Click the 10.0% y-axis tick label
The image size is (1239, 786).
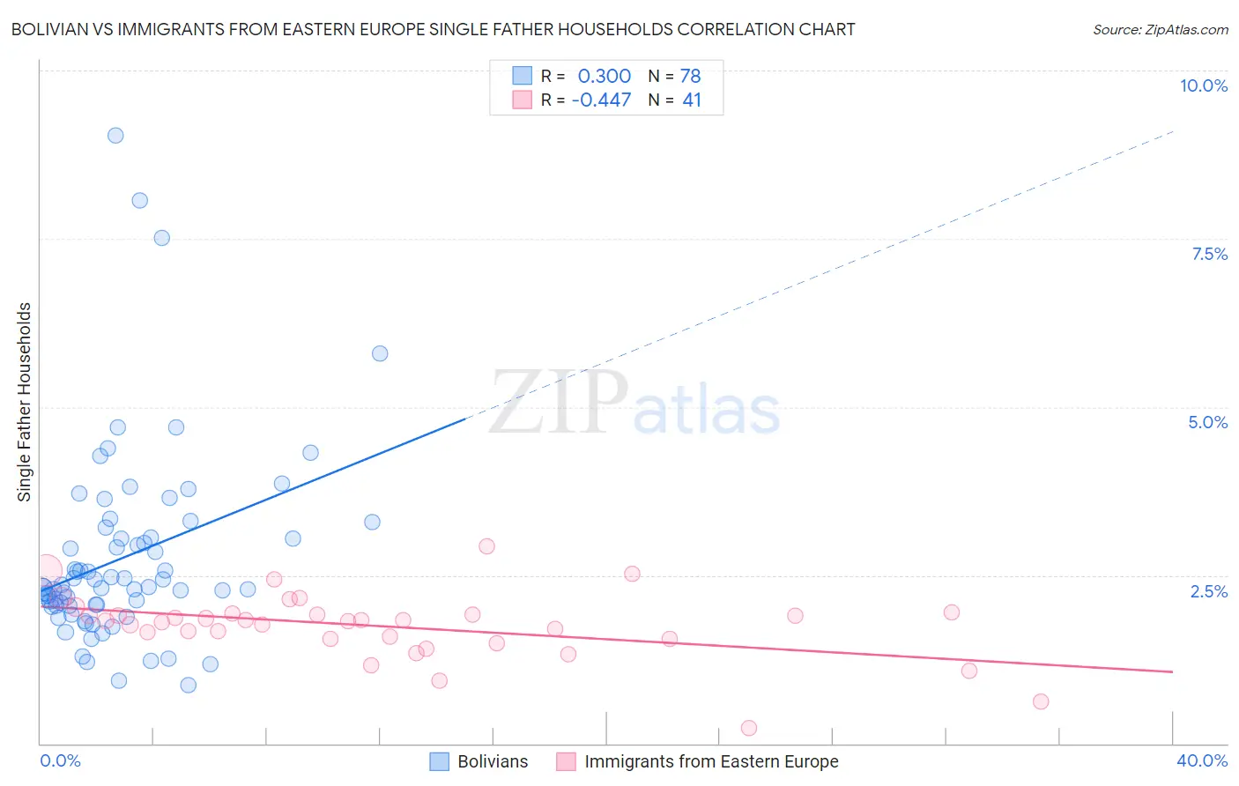(1203, 85)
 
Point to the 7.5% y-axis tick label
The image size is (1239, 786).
(1209, 254)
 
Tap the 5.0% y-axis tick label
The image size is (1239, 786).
(1207, 422)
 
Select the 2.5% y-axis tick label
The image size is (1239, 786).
(1208, 591)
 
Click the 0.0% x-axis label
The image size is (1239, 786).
(60, 760)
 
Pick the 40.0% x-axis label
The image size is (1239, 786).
(1201, 760)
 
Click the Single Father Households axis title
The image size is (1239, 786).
(24, 402)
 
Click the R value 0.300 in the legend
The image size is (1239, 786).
(605, 77)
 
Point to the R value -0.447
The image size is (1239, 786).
(601, 100)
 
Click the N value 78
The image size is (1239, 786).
(690, 77)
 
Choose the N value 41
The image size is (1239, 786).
(692, 100)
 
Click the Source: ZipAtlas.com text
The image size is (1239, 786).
(1160, 30)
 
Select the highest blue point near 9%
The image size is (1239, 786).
(115, 136)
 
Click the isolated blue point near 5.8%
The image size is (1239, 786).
(380, 353)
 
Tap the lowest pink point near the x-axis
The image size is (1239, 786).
(749, 728)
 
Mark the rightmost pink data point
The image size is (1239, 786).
(1041, 701)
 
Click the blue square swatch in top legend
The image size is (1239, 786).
(523, 76)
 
